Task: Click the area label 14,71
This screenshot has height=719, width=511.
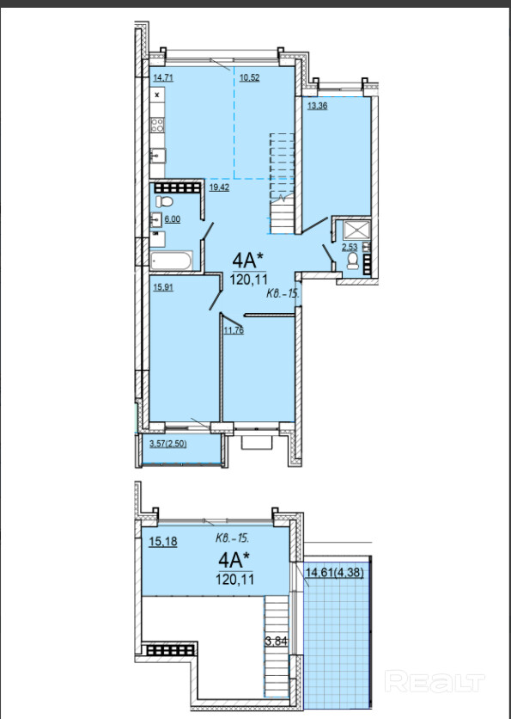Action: [x=163, y=77]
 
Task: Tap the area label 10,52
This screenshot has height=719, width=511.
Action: [x=250, y=77]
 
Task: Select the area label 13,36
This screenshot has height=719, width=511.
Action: [x=317, y=106]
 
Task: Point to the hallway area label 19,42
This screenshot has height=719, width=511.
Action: [x=219, y=187]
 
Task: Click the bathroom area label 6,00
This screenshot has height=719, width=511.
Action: [x=172, y=219]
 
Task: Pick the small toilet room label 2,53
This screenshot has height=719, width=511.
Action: [x=350, y=247]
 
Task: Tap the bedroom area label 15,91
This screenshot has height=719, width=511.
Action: [x=163, y=287]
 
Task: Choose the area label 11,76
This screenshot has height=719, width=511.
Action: [x=234, y=329]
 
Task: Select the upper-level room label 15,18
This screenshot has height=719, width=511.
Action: [x=163, y=542]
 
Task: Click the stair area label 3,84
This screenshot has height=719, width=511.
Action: [x=277, y=641]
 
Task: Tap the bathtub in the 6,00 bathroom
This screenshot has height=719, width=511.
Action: [x=171, y=261]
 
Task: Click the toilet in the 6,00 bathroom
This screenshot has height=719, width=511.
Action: [x=163, y=201]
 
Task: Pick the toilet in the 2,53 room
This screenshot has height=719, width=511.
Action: [x=353, y=261]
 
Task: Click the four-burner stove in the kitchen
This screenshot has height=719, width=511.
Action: [x=157, y=126]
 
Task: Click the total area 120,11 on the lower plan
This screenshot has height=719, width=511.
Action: [x=235, y=579]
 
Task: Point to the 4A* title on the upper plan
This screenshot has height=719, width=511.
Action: [x=248, y=261]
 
